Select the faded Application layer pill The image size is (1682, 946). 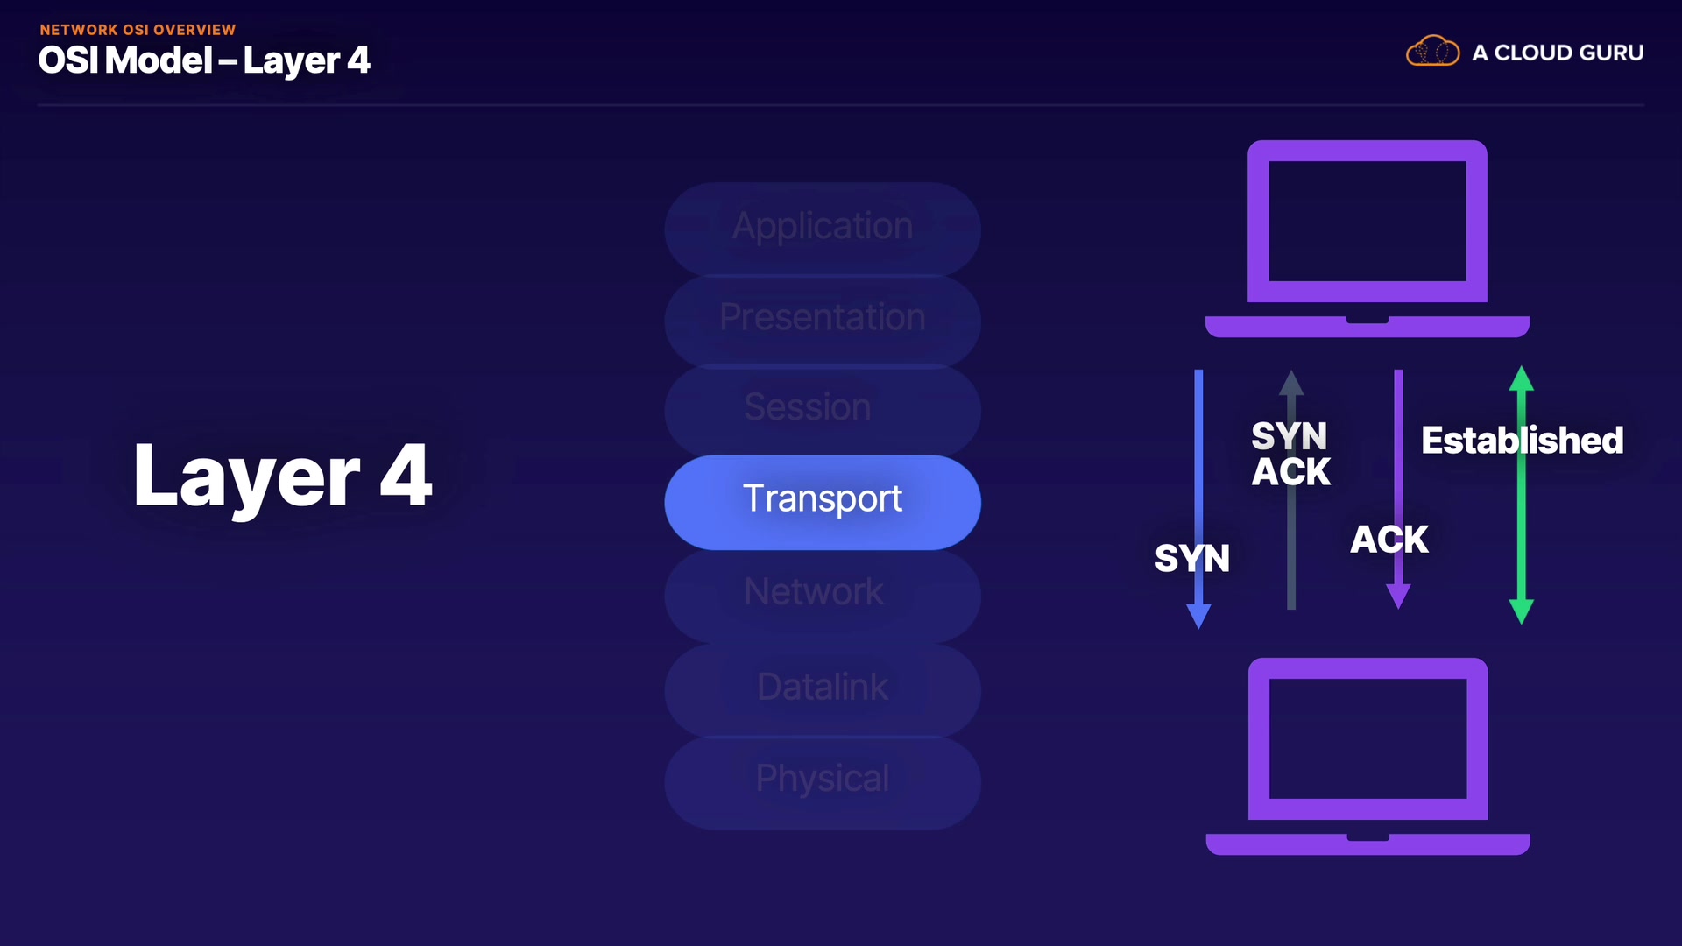[x=822, y=228]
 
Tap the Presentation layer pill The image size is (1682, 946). [x=822, y=318]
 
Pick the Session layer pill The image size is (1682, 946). [x=822, y=409]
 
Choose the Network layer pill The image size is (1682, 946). [x=822, y=594]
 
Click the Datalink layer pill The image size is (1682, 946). [x=822, y=688]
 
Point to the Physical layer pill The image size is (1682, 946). [x=822, y=780]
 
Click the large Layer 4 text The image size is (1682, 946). [x=282, y=476]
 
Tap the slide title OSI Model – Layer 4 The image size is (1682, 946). [x=204, y=60]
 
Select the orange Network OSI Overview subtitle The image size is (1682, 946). [x=138, y=30]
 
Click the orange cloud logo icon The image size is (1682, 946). [x=1432, y=52]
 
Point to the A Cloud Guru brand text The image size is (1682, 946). [x=1558, y=53]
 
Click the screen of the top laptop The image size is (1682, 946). [x=1367, y=221]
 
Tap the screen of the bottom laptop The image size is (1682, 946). [x=1368, y=738]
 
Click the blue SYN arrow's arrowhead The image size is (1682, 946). [x=1198, y=617]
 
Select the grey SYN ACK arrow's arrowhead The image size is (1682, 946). [x=1291, y=383]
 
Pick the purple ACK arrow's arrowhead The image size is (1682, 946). [x=1398, y=597]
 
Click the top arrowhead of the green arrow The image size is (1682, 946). [x=1522, y=378]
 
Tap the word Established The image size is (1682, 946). [x=1522, y=441]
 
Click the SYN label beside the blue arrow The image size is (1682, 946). [x=1191, y=559]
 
